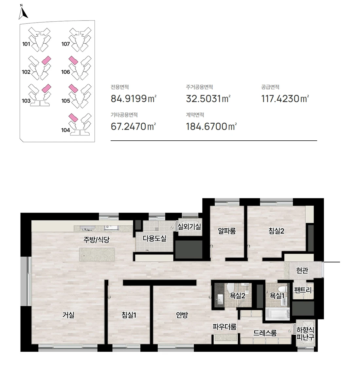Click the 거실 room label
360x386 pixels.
point(68,315)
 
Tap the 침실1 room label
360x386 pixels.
point(129,315)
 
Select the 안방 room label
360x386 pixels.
point(182,315)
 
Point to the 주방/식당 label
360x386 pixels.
point(96,239)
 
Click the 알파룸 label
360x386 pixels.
point(227,231)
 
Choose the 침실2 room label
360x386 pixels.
point(276,231)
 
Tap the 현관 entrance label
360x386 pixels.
point(302,270)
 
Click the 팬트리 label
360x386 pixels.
point(303,290)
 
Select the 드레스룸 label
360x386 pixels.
point(265,333)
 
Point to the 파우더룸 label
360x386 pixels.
point(224,327)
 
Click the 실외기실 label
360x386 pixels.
point(189,226)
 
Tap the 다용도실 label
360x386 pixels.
point(154,238)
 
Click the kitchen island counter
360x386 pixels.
point(97,254)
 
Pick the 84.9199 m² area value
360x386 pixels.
point(134,98)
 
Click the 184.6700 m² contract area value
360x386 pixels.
point(211,126)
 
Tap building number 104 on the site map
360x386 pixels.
point(65,130)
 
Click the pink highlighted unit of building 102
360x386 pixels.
point(46,60)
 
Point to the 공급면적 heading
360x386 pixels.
point(270,87)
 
